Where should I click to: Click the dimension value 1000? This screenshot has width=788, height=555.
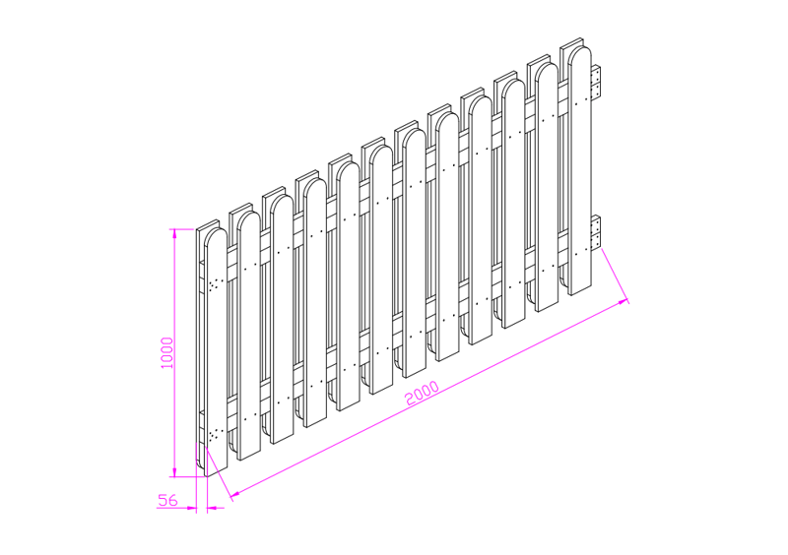166,352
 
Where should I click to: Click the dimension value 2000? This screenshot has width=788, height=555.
423,394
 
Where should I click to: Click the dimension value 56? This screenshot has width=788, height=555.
167,500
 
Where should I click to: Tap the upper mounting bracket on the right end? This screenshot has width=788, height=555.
596,82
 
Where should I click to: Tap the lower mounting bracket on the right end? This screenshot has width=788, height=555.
596,232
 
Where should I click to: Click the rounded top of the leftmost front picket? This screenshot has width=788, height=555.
216,236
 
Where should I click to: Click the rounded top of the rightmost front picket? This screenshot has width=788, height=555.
580,54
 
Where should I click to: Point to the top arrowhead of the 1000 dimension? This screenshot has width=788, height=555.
174,233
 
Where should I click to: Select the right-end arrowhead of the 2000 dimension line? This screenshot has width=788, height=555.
624,302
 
